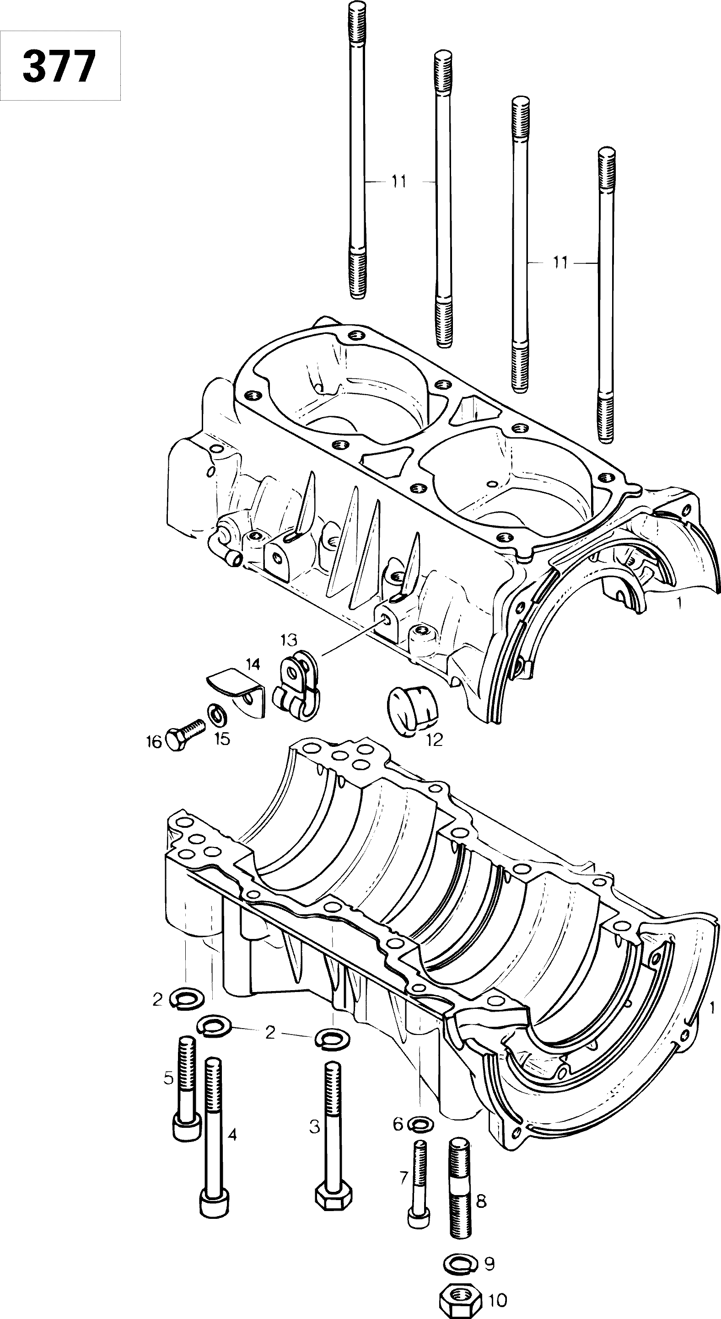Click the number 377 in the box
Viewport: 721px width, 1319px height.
[x=59, y=65]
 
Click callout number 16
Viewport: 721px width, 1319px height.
[x=154, y=741]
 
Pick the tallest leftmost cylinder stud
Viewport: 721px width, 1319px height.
[x=357, y=149]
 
